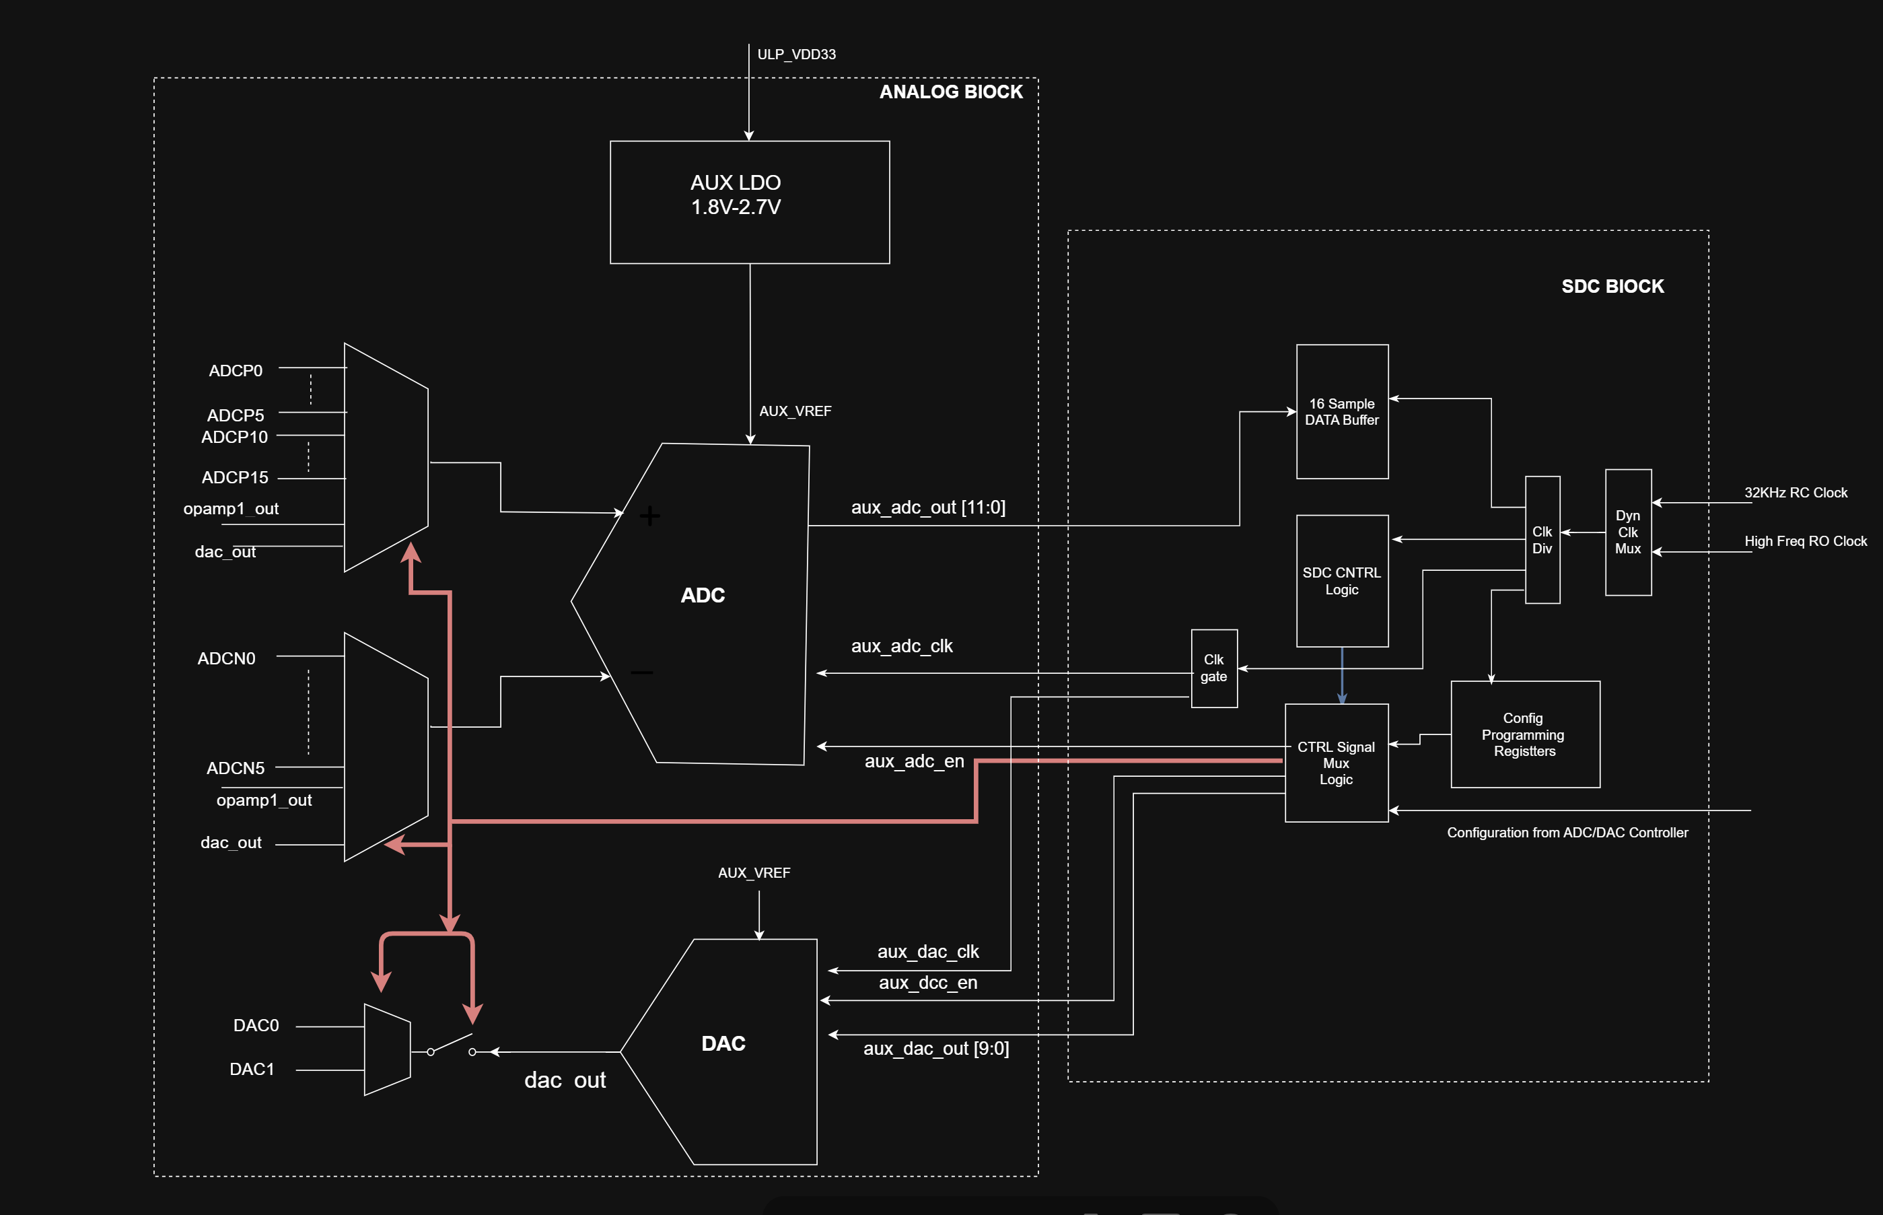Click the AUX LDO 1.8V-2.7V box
point(750,202)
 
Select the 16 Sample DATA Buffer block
point(1342,411)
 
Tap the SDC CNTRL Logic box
point(1342,581)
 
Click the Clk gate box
point(1213,668)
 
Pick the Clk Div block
point(1542,540)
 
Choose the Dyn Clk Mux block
point(1627,532)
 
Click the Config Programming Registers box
point(1524,734)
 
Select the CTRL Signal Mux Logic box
point(1336,762)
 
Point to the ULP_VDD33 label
point(796,55)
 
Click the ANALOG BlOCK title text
point(950,92)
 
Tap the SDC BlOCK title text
point(1612,286)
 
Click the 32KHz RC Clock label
point(1795,492)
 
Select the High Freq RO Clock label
point(1805,541)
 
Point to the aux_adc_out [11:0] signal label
point(927,508)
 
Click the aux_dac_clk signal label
point(927,952)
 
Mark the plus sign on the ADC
point(649,516)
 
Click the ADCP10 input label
point(234,437)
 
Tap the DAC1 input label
point(252,1069)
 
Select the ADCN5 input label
point(235,767)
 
